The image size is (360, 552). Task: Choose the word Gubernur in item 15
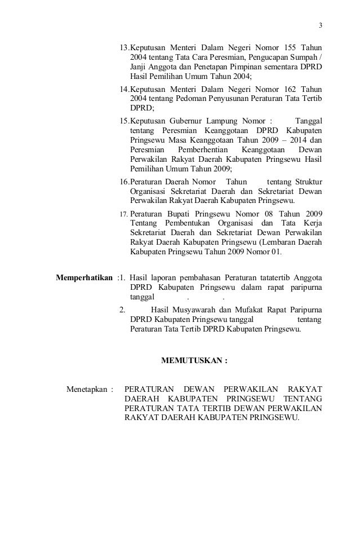tap(190, 120)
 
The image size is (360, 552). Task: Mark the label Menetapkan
tap(87, 389)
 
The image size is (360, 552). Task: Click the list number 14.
tap(125, 89)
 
